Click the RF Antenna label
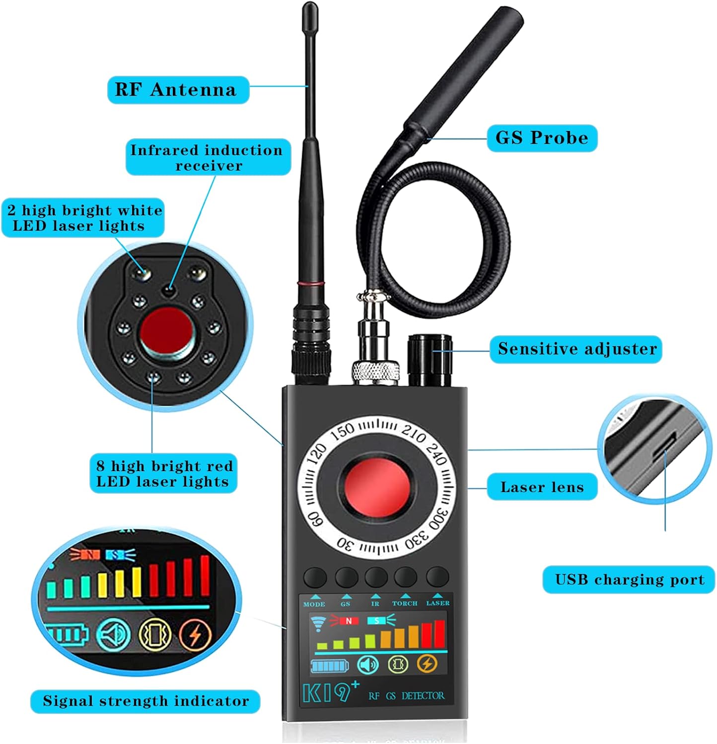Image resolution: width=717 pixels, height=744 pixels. click(x=178, y=90)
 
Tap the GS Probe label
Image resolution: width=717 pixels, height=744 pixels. click(x=542, y=138)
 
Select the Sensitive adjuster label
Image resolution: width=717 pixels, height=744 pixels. click(x=576, y=349)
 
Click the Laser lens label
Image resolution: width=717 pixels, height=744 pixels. click(x=542, y=487)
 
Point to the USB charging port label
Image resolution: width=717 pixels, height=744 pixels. click(x=629, y=579)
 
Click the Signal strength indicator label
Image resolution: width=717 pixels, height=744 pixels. click(x=145, y=701)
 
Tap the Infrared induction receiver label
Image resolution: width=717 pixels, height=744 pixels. click(x=208, y=157)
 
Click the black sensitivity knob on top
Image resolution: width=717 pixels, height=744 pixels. click(x=430, y=360)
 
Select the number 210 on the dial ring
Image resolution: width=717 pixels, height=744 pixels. click(x=414, y=434)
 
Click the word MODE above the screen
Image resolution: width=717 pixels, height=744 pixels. click(x=314, y=604)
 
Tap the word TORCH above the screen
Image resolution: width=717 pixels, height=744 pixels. click(x=405, y=604)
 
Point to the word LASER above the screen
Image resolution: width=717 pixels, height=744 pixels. click(x=438, y=603)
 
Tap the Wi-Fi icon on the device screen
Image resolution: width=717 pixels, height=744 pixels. click(x=318, y=622)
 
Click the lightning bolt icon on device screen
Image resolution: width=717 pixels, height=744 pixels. click(x=427, y=663)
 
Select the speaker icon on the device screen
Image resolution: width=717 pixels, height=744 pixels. click(x=368, y=664)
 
